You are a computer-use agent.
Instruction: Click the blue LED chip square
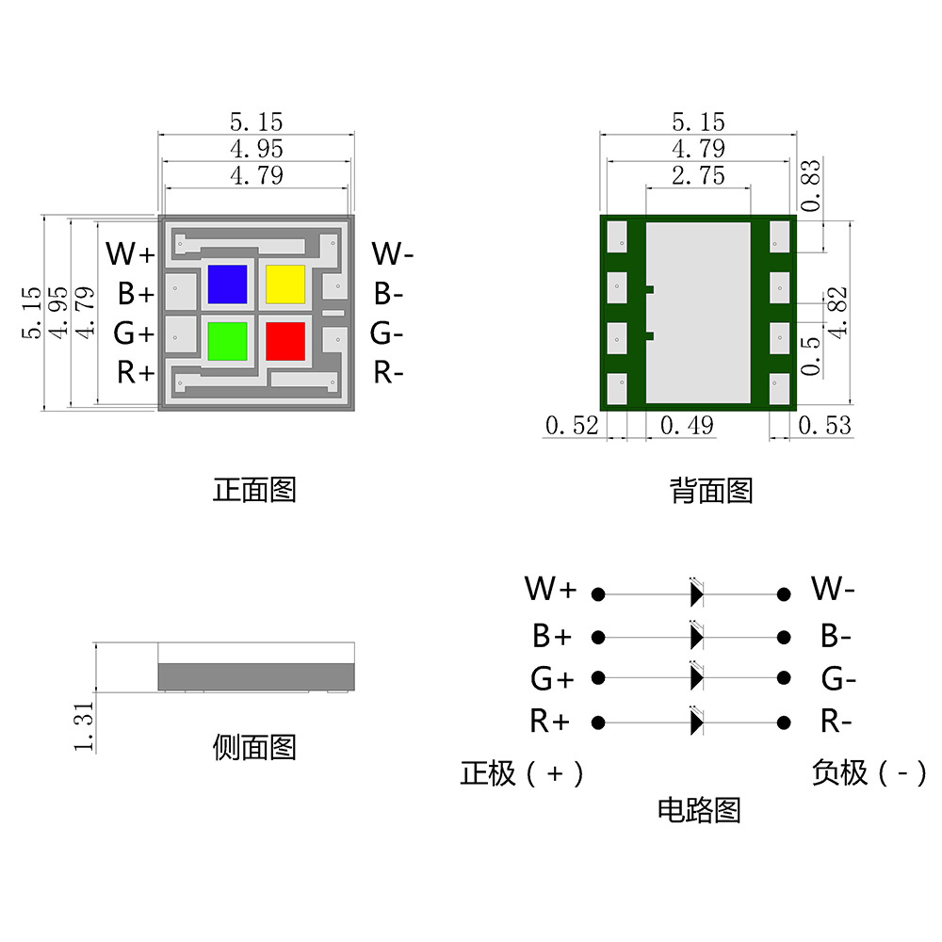point(227,284)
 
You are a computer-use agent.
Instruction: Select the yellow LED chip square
point(285,284)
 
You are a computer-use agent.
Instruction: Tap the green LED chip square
point(227,341)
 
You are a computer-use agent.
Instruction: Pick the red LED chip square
point(285,341)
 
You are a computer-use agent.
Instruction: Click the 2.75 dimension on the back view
point(698,175)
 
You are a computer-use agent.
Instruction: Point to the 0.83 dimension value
point(810,185)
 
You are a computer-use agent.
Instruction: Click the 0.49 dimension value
point(687,426)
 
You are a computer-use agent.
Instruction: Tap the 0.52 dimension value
point(572,426)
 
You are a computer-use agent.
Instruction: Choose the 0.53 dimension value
point(825,426)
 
